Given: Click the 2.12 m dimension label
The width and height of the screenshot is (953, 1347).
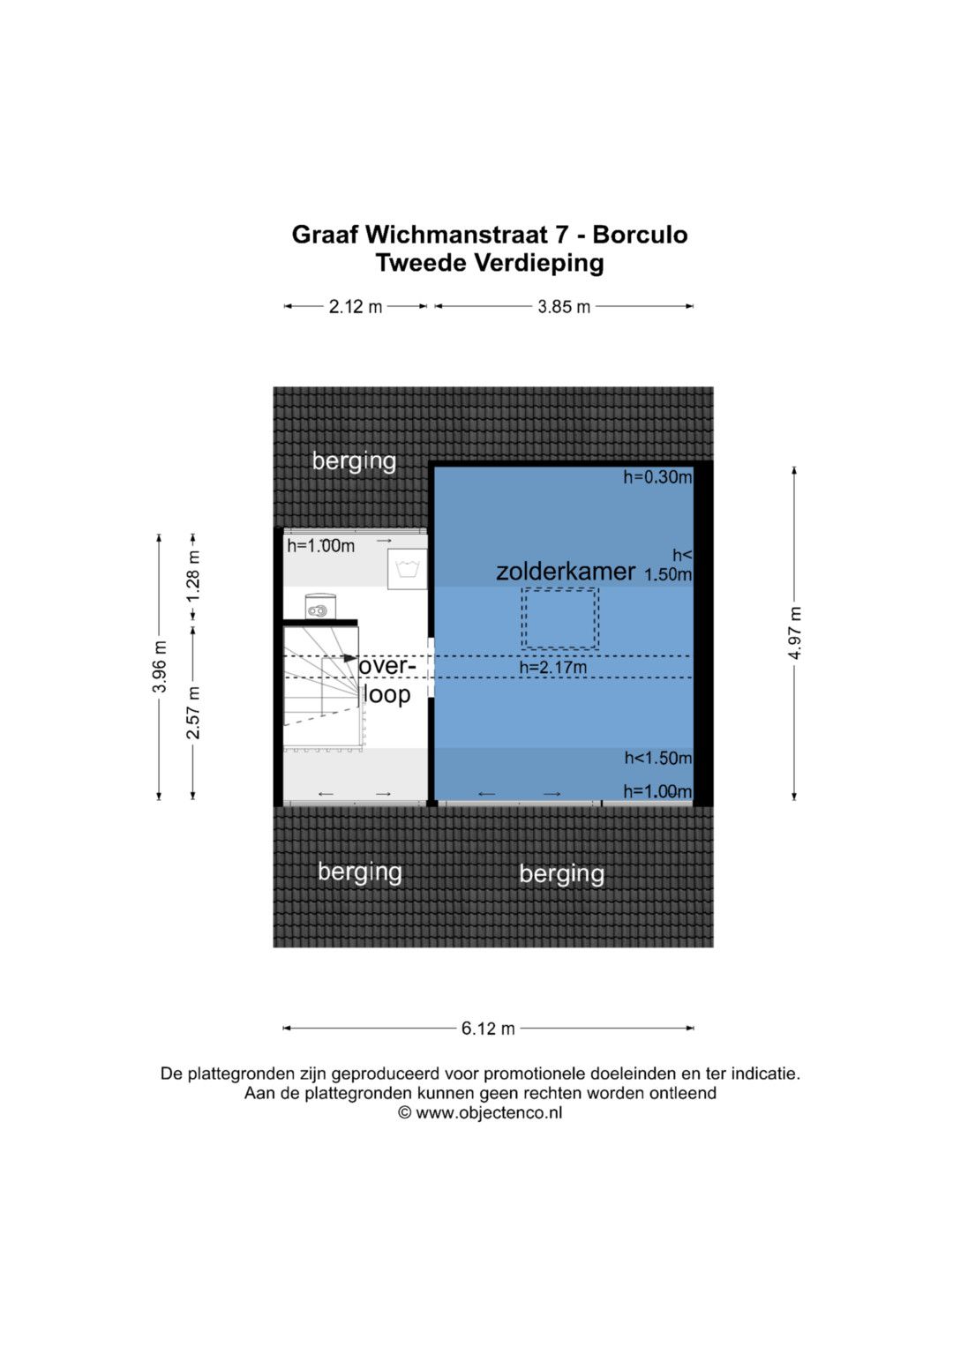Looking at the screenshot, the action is click(355, 307).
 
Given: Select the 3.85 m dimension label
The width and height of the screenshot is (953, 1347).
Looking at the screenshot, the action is click(564, 307).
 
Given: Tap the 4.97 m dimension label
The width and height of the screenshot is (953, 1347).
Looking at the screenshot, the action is click(795, 634).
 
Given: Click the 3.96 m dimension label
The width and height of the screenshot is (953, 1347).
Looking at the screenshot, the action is click(160, 667).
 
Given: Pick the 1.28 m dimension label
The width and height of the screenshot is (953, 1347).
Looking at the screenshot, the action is click(193, 576).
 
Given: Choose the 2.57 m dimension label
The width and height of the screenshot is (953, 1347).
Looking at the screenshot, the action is click(193, 712).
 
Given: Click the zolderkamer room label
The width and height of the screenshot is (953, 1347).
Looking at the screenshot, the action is click(566, 572).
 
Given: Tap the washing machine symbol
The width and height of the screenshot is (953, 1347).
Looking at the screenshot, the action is click(408, 569).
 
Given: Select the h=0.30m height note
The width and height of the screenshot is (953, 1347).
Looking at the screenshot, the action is click(657, 477).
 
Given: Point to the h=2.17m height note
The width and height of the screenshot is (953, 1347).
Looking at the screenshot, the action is click(553, 667).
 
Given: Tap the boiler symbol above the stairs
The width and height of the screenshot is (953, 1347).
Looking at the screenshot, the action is click(320, 607).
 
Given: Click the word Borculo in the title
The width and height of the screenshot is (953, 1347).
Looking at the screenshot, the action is click(640, 235).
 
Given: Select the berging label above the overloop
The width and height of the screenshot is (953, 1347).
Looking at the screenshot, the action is click(354, 462).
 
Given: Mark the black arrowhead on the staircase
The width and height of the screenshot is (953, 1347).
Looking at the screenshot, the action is click(349, 658).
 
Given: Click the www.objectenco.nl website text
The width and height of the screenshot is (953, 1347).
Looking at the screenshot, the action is click(489, 1113).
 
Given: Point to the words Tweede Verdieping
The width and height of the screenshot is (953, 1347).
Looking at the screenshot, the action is click(490, 264).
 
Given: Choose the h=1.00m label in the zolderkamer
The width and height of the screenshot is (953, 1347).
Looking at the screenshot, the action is click(657, 791).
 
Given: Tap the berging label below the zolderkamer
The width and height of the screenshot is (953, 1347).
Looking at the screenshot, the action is click(562, 874).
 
